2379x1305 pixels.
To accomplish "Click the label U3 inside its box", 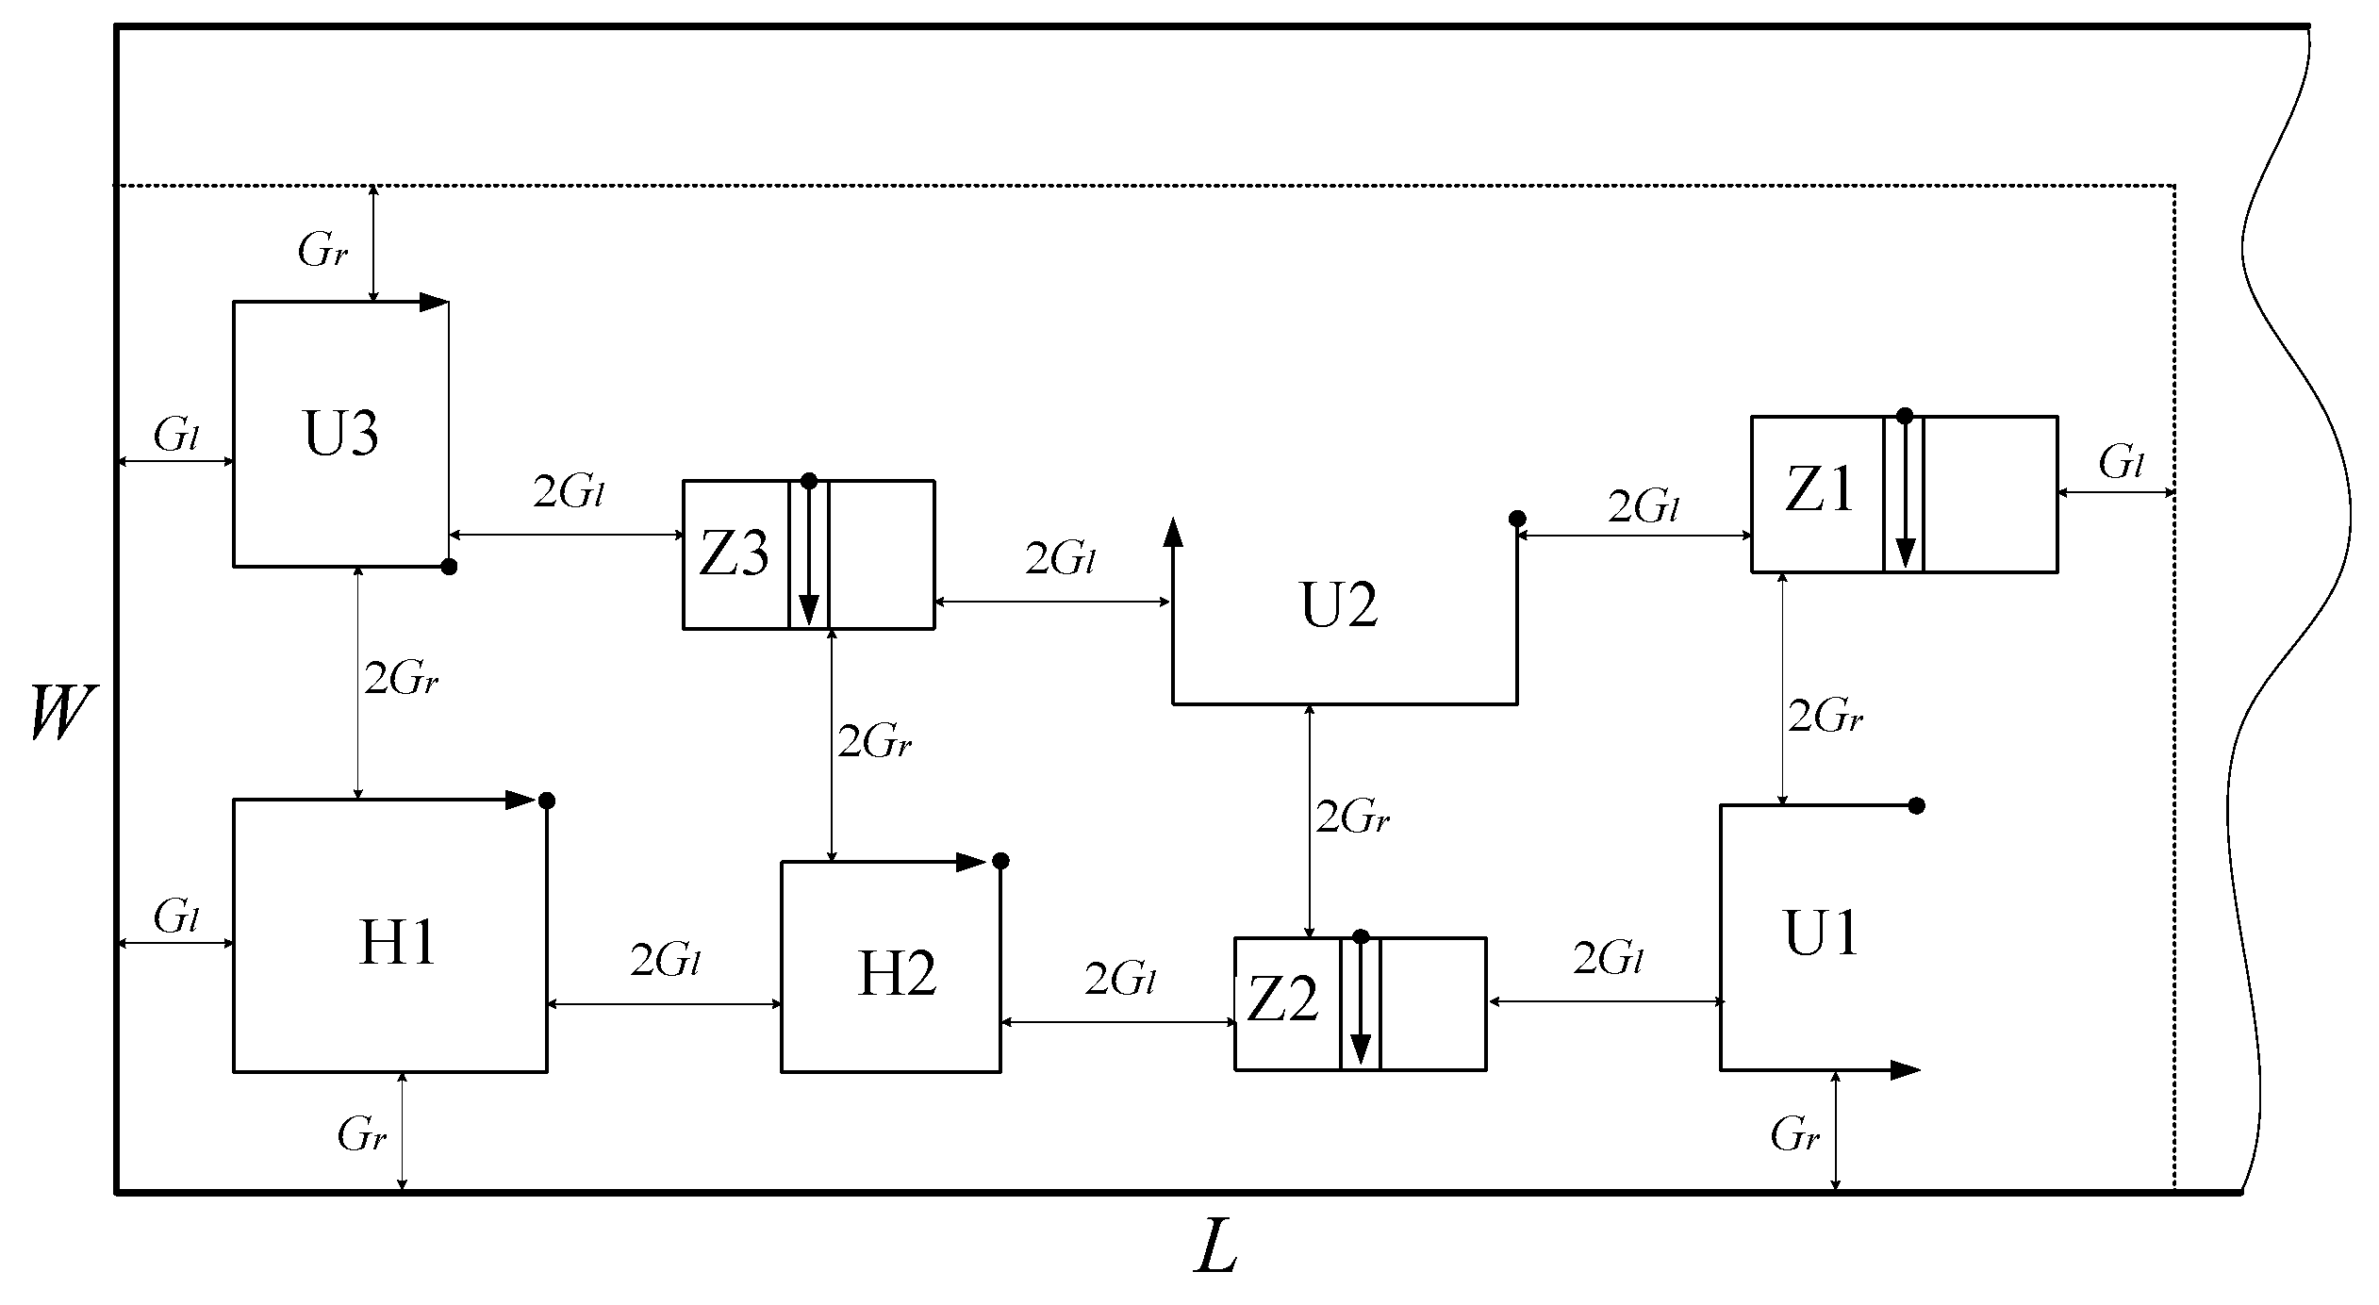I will point(340,435).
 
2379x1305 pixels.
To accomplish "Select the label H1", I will point(397,943).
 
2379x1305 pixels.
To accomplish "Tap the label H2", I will point(896,974).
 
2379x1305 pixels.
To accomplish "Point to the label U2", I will point(1339,605).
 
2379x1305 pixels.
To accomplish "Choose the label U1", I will point(1821,934).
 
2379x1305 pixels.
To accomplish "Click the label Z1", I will point(1819,491).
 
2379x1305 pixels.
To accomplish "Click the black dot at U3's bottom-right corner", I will point(450,567).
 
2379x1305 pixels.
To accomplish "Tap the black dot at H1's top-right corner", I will point(546,801).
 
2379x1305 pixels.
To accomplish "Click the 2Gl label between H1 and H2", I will point(665,961).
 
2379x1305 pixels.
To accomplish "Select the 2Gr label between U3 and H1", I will point(401,679).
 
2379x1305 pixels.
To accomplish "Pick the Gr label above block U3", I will point(322,250).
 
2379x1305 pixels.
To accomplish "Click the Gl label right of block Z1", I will point(2122,463).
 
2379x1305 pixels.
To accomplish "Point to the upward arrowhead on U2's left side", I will point(1172,533).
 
